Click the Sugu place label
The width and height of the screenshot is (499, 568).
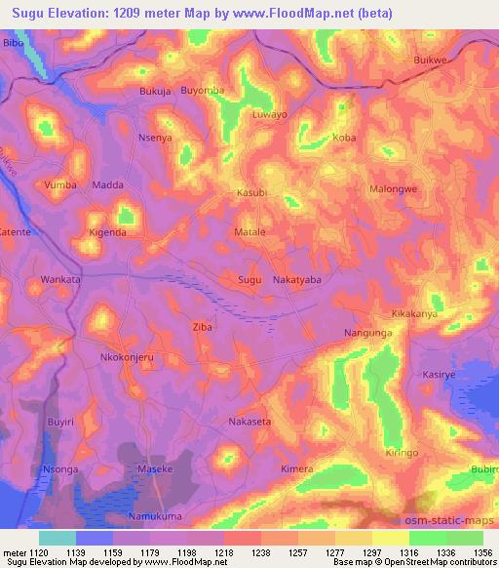click(250, 280)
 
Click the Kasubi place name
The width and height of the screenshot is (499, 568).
click(251, 193)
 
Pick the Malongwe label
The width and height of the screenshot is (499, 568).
click(394, 189)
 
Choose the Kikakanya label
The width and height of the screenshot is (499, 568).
click(414, 315)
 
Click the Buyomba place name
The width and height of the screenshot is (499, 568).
click(203, 91)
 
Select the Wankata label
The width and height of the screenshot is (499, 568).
click(60, 280)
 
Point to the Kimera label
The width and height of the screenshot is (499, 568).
click(297, 469)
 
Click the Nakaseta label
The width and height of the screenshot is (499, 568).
click(249, 422)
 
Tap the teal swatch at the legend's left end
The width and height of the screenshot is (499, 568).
click(58, 537)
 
